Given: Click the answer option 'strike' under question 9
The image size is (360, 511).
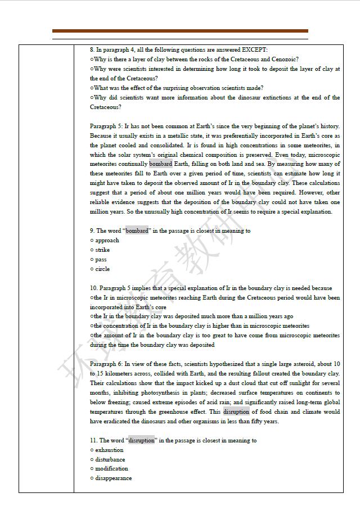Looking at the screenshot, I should pos(102,250).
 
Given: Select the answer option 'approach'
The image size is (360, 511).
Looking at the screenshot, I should pos(107,241).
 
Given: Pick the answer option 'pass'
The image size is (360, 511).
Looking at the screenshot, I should pos(101,260).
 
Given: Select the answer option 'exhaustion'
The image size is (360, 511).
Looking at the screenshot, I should pos(109,450).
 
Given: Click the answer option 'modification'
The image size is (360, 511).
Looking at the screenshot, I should pos(111,469).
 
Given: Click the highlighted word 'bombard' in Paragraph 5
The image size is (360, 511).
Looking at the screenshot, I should pos(161,164).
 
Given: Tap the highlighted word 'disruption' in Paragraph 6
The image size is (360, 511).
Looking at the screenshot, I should pos(236,412).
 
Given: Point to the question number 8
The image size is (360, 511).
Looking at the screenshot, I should pos(92,50).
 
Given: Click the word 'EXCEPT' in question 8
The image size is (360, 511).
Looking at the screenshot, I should pos(254,50).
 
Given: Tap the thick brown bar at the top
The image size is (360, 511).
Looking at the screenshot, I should pos(180,31).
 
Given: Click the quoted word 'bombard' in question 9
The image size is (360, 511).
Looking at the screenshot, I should pos(137,231).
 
